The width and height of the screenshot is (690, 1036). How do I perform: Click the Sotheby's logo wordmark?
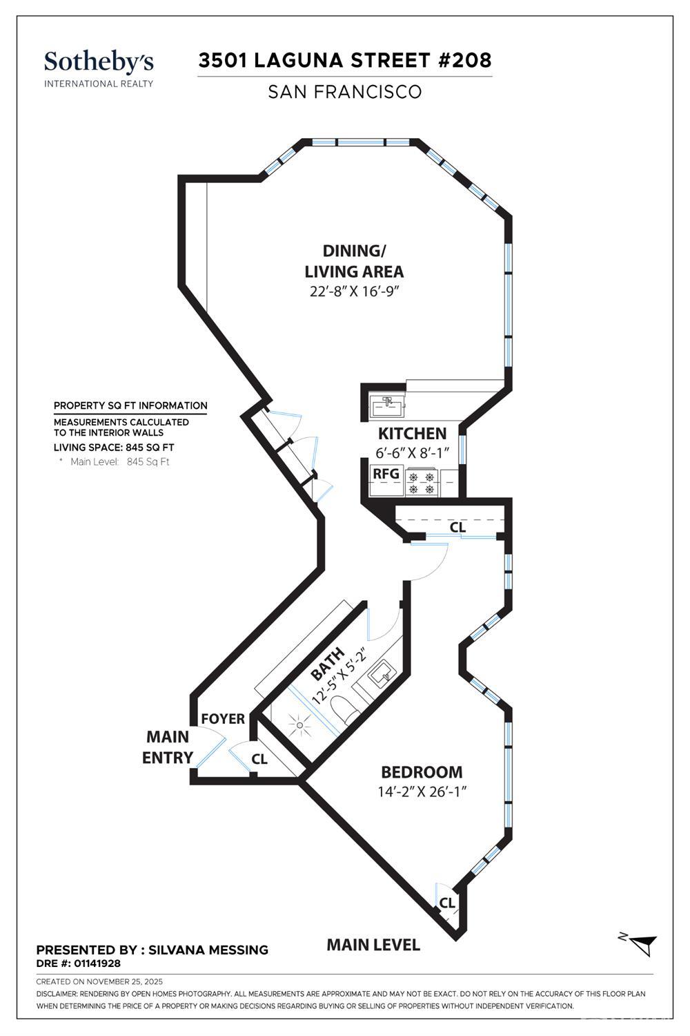click(99, 62)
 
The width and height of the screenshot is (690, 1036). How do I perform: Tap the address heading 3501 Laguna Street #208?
click(345, 60)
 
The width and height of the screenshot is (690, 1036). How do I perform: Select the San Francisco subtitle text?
click(345, 92)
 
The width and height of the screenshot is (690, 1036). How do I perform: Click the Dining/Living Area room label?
click(354, 260)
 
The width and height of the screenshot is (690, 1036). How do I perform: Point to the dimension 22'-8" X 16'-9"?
click(355, 291)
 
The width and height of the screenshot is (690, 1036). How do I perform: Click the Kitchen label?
click(412, 434)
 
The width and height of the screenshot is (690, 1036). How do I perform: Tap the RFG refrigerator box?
click(386, 474)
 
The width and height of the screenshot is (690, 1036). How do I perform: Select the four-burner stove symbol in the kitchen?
click(422, 483)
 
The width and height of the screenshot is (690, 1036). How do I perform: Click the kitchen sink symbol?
click(388, 405)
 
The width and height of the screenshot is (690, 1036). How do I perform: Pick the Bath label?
click(327, 664)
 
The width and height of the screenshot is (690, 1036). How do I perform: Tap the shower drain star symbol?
click(300, 726)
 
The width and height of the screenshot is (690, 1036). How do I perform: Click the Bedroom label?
click(422, 772)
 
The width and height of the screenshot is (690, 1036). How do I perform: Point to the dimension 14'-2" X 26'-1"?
click(422, 792)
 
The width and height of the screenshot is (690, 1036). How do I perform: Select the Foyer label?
click(223, 719)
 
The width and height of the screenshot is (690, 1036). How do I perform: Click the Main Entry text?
click(168, 747)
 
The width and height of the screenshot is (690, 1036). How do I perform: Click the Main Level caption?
click(373, 945)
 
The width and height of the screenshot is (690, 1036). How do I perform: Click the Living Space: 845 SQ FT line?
click(114, 448)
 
